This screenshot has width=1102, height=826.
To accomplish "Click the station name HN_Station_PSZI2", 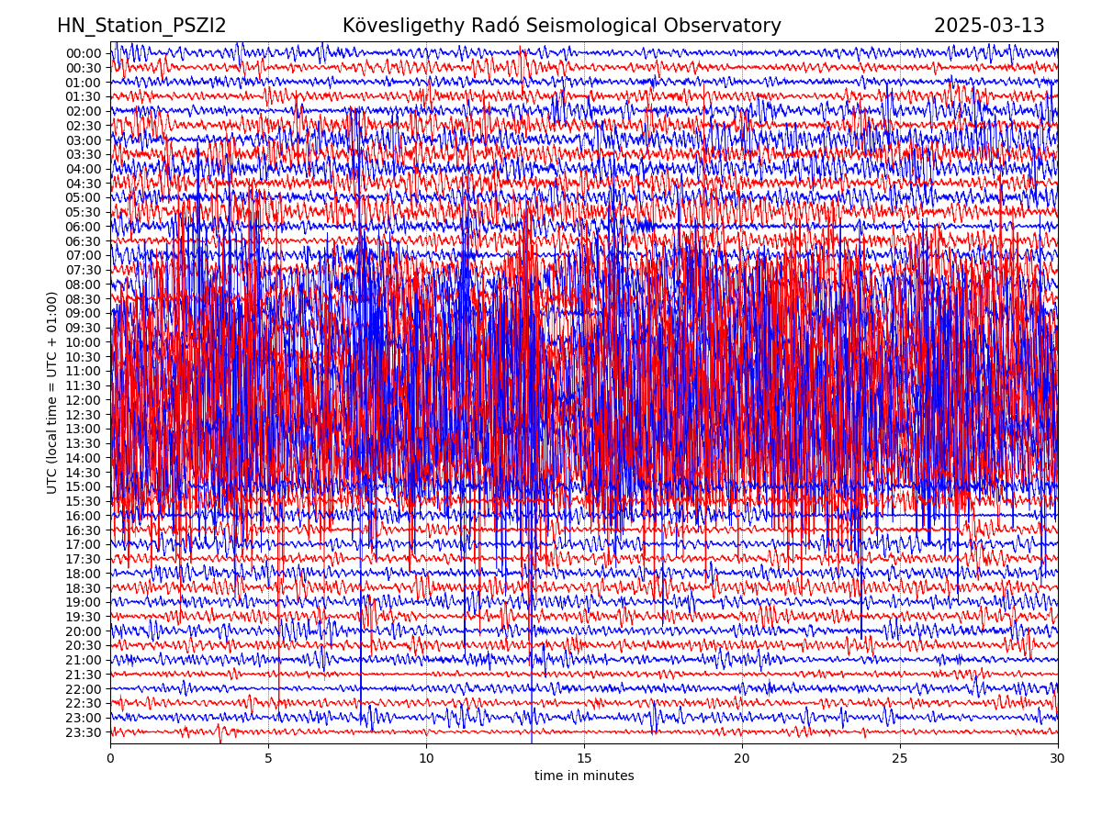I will pos(141,26).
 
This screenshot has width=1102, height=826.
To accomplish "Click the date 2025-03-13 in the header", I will pos(989,26).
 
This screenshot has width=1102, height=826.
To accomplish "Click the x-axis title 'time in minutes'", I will pos(584,776).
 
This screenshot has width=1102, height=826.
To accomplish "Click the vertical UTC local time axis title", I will pos(52,393).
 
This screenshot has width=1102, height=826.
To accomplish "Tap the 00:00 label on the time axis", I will pos(84,53).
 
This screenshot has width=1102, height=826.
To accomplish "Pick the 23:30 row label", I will pos(84,732).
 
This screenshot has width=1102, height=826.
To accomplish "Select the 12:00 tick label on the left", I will pos(84,400).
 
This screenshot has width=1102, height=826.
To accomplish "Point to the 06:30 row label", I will pos(84,241).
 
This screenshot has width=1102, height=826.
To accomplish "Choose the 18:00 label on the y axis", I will pos(84,574).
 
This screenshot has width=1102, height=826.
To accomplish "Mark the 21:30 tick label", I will pos(84,675).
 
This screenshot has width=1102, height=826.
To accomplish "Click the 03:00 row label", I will pos(84,140).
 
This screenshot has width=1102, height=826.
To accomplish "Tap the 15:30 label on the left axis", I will pos(84,501).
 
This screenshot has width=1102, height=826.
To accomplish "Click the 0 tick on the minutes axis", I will pos(110,759).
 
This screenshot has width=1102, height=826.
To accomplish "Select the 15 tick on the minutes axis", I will pos(584,759).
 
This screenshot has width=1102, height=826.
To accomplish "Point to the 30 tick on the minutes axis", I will pos(1058,759).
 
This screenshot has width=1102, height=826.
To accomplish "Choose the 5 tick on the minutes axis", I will pos(268,759).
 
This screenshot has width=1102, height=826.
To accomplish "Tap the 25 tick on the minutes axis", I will pos(900,759).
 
